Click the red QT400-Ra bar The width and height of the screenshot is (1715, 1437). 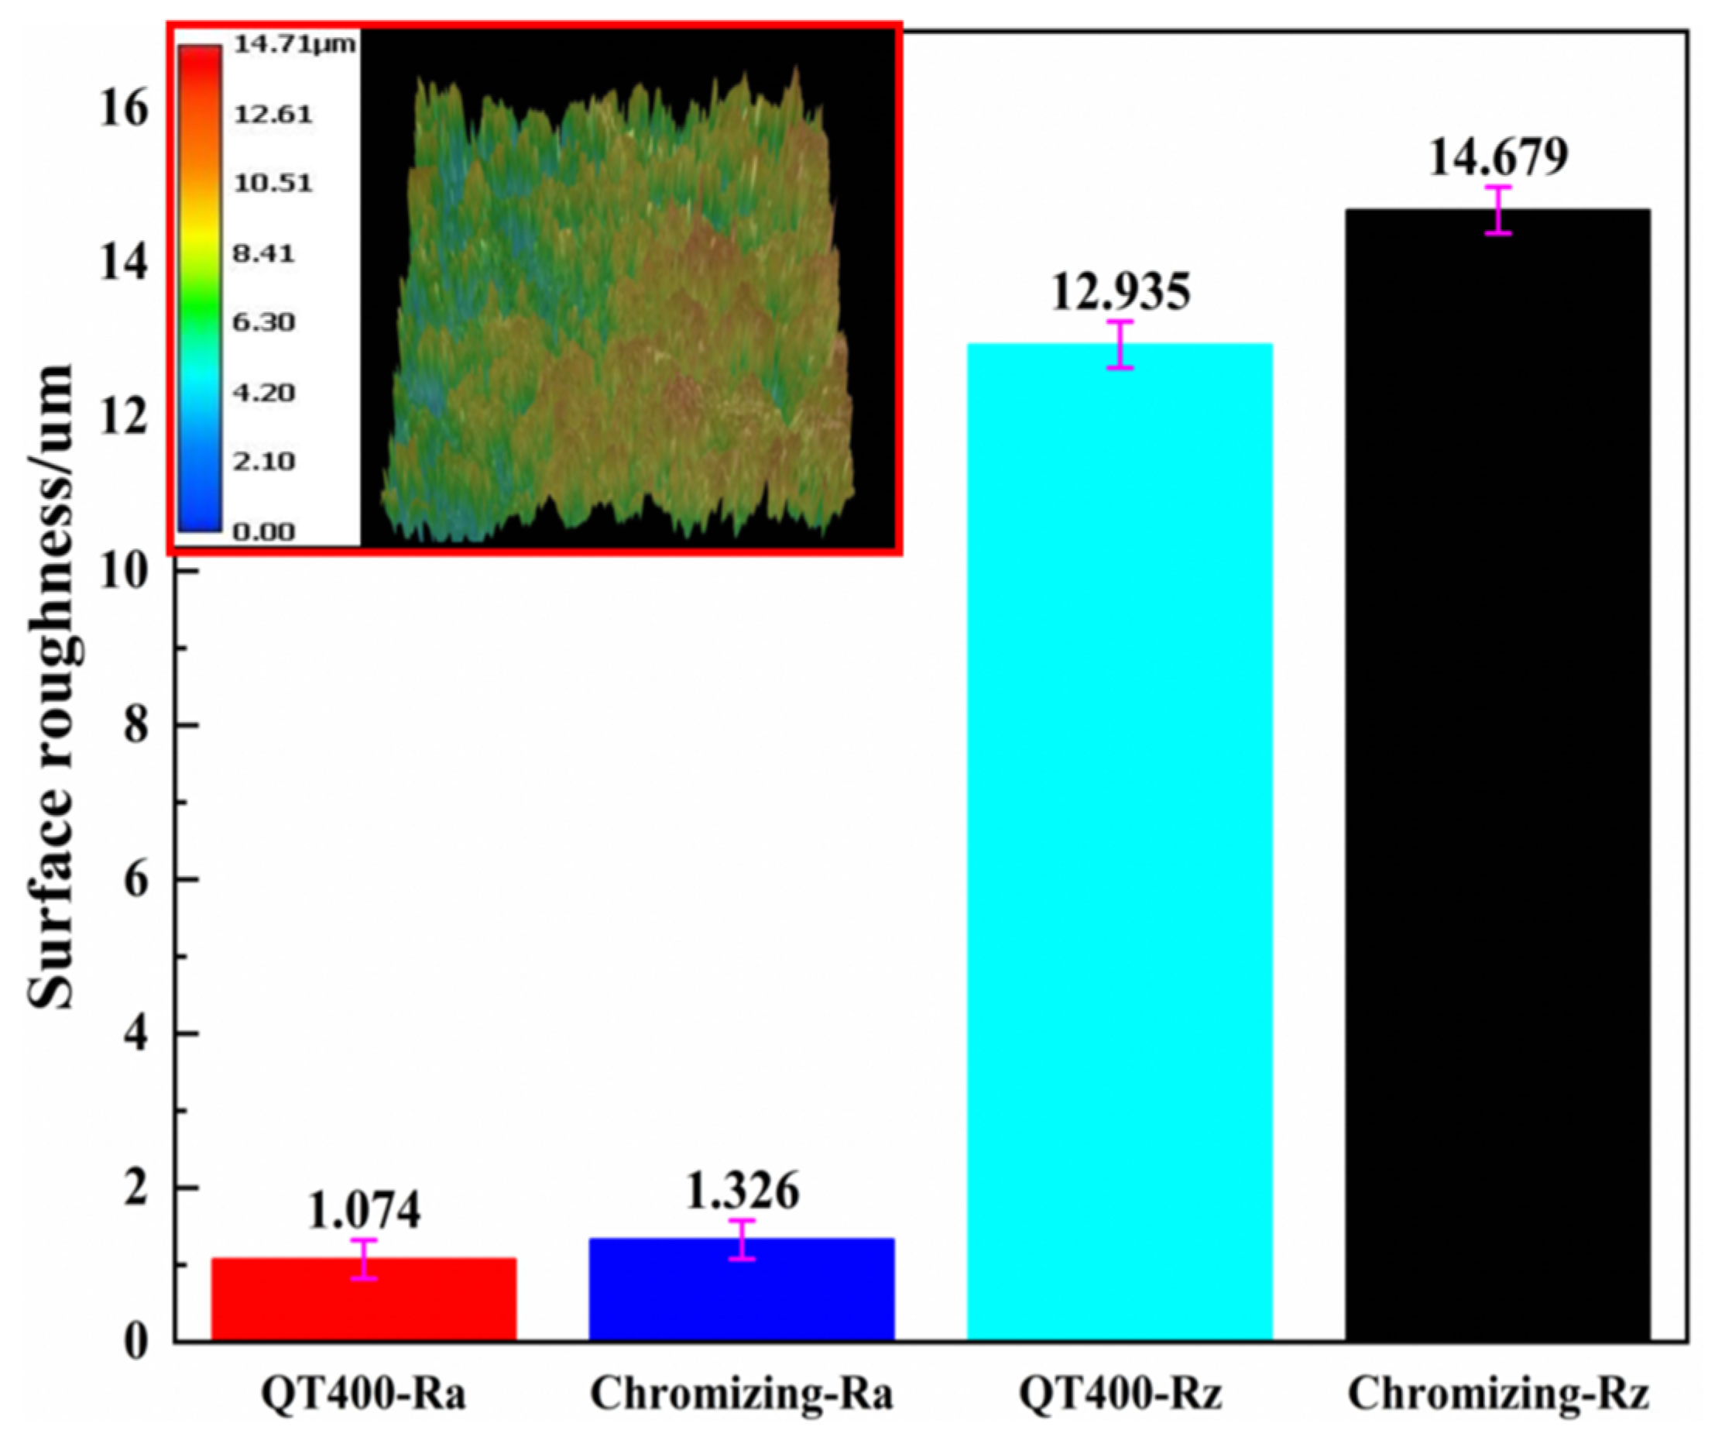364,1299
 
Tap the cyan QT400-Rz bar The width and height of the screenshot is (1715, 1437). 1120,841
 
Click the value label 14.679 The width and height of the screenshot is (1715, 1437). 1497,158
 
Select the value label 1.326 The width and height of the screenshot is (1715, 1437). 742,1192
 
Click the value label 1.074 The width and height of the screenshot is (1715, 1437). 364,1211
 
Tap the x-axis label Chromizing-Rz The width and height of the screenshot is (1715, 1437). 1497,1393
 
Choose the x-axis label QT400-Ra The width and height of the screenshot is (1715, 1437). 364,1393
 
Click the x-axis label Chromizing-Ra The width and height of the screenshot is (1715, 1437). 742,1393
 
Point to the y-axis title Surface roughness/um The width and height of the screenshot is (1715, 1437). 50,686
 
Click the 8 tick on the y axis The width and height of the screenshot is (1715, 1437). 136,725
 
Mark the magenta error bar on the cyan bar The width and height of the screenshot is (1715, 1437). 1120,345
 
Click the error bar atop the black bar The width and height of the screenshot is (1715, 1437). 1497,210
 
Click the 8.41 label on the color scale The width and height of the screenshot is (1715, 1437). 263,253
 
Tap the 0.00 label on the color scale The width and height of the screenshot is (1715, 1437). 263,533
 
